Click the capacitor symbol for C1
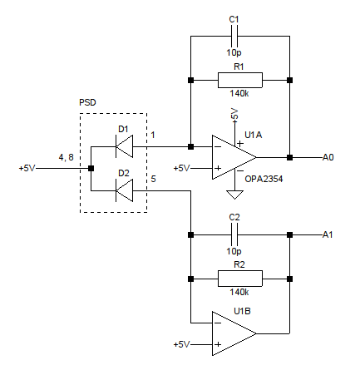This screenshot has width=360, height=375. point(234,36)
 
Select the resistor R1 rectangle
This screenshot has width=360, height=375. point(240,81)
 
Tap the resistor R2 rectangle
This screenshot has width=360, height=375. point(240,279)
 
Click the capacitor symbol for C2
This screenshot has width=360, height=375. point(234,234)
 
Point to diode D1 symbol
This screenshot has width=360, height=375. point(124,146)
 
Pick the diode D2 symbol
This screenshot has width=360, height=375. point(124,190)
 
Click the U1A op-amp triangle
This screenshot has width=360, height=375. point(234,157)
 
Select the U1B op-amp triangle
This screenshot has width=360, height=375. point(234,333)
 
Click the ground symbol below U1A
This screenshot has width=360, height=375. point(234,195)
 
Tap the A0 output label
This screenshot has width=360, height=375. point(328,157)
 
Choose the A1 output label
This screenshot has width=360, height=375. point(328,234)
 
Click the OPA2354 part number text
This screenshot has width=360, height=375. point(264,179)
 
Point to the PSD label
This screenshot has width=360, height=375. point(87,102)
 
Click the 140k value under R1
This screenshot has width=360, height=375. point(239,93)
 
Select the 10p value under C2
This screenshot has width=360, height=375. point(234,251)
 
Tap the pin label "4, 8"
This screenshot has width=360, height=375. point(67,157)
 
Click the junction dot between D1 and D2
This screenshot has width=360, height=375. point(91,168)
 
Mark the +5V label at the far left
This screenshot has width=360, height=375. point(27,168)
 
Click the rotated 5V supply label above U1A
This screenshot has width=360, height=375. point(234,114)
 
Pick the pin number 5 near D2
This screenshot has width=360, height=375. point(153,179)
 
